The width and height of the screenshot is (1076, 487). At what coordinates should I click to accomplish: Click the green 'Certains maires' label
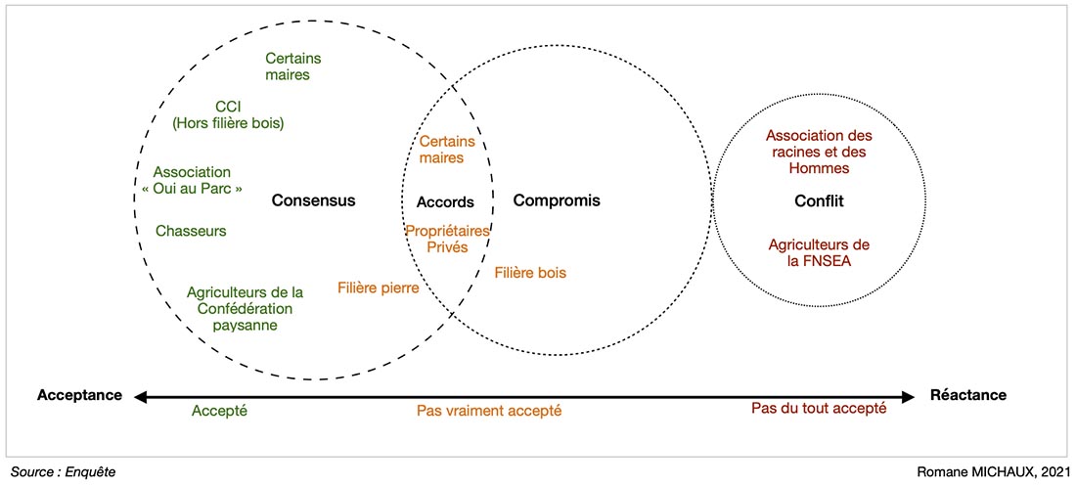[293, 66]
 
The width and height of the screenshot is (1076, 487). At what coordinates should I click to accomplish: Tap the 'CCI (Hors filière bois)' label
[228, 114]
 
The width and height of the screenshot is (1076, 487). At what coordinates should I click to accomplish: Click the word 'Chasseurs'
[191, 231]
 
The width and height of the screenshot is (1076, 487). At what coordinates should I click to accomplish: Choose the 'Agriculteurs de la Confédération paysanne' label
[245, 308]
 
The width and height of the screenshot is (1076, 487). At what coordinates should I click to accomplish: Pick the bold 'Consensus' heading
[313, 200]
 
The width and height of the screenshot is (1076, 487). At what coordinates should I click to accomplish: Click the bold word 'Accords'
[445, 202]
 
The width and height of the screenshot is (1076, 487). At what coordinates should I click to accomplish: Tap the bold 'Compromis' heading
[557, 200]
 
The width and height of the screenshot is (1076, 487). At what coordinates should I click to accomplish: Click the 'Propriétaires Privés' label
[446, 239]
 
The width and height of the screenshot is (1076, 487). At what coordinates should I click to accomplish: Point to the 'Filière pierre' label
[379, 288]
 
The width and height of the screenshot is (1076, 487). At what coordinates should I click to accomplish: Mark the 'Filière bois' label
[530, 273]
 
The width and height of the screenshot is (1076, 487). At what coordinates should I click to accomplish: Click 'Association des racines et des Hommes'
[819, 152]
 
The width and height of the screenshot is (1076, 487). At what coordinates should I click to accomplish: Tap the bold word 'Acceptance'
[79, 395]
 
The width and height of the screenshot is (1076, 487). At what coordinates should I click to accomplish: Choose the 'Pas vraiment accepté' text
[489, 411]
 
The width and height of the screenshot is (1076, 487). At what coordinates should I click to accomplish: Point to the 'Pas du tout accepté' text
[819, 408]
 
